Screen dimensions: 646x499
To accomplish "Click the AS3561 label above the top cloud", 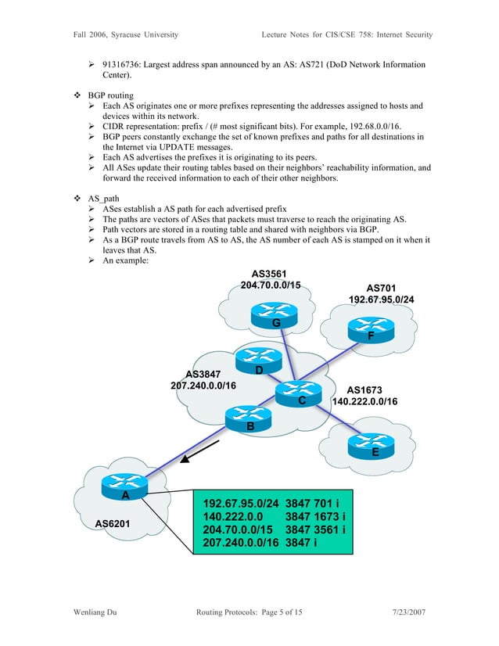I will (270, 273).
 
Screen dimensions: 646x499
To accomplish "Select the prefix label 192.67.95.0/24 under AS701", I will (382, 300).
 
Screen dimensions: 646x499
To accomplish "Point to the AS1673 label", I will (364, 389).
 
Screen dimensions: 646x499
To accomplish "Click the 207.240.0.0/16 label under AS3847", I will (203, 386).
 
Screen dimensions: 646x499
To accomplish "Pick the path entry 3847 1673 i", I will (317, 517).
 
